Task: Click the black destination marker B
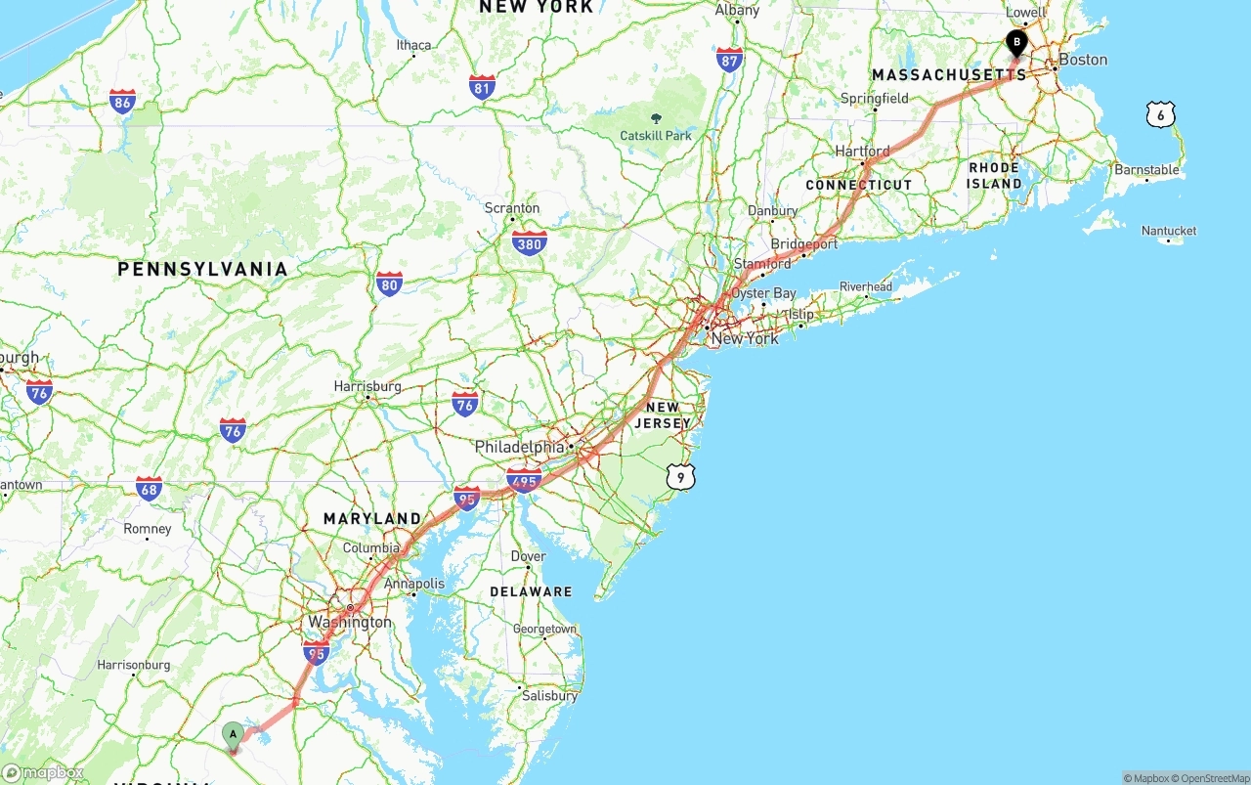[x=1016, y=43]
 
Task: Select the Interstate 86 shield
[x=122, y=102]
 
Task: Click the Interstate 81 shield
[x=482, y=87]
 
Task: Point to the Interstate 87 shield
[x=729, y=60]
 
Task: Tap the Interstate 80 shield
[x=389, y=284]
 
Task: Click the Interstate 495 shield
[x=524, y=480]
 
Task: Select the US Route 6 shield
[x=1160, y=115]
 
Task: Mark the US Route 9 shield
[x=681, y=476]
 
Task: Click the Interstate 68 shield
[x=149, y=489]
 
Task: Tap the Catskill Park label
[x=656, y=135]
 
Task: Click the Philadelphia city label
[x=519, y=447]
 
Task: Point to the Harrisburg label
[x=367, y=386]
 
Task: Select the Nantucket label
[x=1169, y=231]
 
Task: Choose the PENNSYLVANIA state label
[x=202, y=269]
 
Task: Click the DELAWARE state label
[x=531, y=591]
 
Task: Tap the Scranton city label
[x=512, y=208]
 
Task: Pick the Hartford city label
[x=862, y=152]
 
